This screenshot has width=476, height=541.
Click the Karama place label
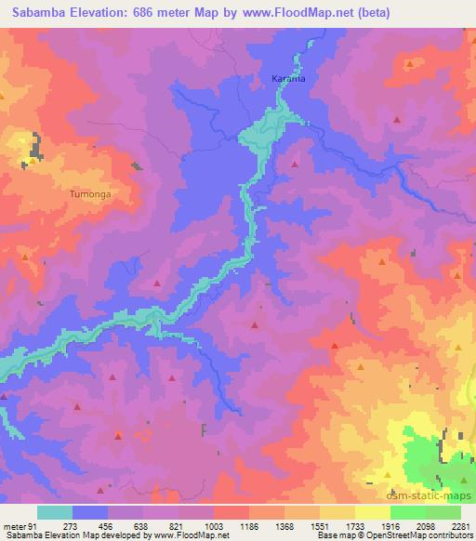click(x=287, y=78)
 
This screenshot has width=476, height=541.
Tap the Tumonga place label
click(x=90, y=194)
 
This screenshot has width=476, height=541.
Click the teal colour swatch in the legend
click(x=54, y=512)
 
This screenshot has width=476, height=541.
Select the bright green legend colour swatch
click(x=407, y=512)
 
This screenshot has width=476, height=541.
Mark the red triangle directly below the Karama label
click(x=296, y=164)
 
